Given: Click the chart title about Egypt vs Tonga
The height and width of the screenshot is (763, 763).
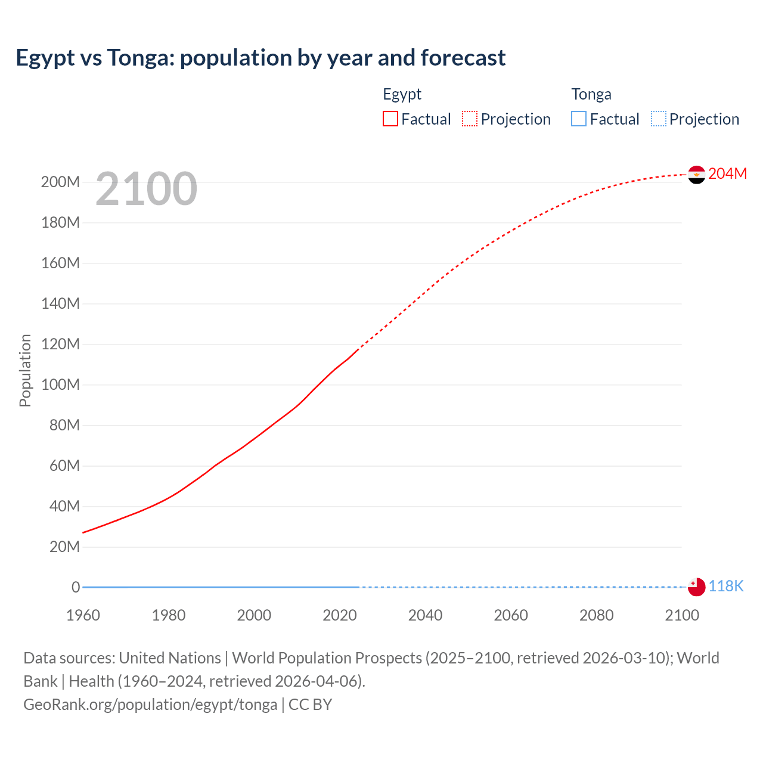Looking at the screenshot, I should [x=260, y=58].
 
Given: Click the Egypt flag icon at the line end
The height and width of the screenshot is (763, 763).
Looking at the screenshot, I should [x=696, y=175].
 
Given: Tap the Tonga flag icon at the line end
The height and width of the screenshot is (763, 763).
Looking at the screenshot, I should [x=696, y=587].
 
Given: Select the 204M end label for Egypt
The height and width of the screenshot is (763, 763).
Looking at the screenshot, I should [x=727, y=173].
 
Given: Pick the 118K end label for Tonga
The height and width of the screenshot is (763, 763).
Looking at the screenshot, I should [x=726, y=587].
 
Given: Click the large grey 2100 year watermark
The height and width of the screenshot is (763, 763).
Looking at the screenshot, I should [x=146, y=189].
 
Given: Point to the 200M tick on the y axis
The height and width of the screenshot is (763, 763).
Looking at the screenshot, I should [x=60, y=182].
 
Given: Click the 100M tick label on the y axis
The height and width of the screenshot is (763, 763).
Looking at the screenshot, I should [x=60, y=385].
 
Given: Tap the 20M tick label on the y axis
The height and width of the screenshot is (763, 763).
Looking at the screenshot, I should [x=64, y=547].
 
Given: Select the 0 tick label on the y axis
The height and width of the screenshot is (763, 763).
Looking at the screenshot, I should [x=76, y=588].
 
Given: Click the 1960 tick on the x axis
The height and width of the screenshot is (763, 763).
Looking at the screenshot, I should [x=83, y=615].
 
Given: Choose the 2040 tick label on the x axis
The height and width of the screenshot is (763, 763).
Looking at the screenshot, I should [x=425, y=615].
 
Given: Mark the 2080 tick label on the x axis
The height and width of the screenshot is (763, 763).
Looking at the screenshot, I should [x=596, y=615].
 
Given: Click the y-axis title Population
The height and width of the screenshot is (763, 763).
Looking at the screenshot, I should [x=25, y=370].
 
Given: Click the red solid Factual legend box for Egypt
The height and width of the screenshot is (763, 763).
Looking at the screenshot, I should [x=390, y=119].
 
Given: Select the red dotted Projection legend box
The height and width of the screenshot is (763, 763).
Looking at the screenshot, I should [x=470, y=119].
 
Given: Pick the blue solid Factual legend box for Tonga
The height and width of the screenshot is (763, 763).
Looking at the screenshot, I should [x=579, y=119].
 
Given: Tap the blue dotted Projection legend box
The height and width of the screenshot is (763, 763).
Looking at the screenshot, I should [x=659, y=119].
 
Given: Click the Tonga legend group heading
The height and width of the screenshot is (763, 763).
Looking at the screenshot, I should [x=591, y=94].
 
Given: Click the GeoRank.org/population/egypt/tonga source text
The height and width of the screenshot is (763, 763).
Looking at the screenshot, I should [x=150, y=705].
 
